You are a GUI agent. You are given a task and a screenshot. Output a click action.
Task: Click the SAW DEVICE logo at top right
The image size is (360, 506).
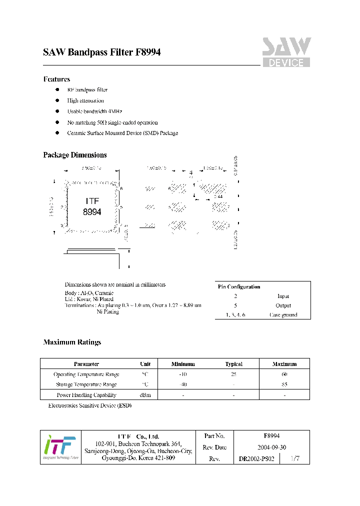coord(286,52)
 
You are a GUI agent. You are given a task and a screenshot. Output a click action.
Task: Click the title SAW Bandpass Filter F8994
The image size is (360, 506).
coord(101,52)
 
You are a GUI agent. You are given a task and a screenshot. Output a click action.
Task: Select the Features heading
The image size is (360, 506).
coord(56,79)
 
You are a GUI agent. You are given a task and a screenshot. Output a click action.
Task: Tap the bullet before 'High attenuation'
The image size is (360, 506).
coord(57,100)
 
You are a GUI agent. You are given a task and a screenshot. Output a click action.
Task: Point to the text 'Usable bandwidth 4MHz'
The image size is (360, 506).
coord(94,111)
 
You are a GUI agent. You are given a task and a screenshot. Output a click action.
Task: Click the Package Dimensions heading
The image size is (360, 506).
coord(74,155)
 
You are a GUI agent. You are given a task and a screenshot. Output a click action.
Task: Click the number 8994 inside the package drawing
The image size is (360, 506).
coord(92,212)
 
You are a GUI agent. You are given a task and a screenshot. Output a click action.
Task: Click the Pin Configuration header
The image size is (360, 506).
coord(239,286)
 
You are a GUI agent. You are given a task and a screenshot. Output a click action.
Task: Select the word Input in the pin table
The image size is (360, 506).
coord(283,296)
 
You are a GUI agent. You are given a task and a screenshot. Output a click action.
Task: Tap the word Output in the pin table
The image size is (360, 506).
coord(283,305)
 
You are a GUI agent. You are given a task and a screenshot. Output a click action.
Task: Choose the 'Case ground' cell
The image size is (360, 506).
coord(283,315)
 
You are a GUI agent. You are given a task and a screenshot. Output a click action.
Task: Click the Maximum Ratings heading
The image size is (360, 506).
coord(72,342)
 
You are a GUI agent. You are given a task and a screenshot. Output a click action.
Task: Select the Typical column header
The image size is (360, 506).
coord(233,364)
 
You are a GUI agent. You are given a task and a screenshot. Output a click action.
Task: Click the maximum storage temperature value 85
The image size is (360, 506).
coord(284,384)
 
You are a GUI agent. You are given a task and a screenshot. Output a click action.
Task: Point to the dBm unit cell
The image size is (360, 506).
coord(145,395)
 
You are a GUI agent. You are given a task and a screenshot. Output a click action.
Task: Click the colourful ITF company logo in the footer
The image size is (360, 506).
coord(60,447)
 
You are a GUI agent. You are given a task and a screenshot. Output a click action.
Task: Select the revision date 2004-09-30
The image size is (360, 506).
coord(271,447)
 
